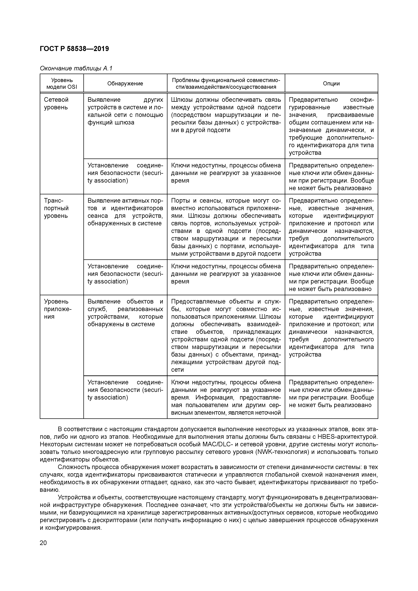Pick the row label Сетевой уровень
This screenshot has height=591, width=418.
click(x=56, y=103)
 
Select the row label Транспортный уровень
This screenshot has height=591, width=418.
click(x=56, y=208)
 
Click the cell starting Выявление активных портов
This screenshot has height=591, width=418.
click(x=125, y=212)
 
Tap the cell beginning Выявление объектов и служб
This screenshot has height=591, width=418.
click(x=125, y=313)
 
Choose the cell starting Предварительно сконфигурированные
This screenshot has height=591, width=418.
click(x=331, y=126)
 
